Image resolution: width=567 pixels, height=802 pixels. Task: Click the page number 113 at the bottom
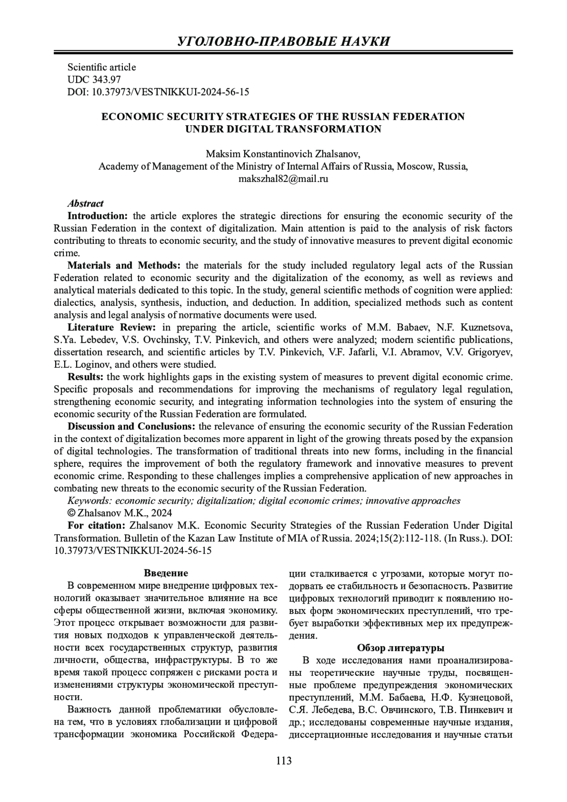(x=283, y=761)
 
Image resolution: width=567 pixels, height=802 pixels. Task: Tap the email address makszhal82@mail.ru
(x=283, y=179)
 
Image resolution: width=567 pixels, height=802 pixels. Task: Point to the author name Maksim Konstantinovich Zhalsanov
(x=283, y=154)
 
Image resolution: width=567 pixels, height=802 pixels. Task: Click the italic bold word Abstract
(x=86, y=204)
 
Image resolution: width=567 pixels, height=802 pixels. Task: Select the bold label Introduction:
(x=98, y=216)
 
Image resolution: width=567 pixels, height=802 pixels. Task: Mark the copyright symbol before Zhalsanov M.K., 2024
(x=72, y=513)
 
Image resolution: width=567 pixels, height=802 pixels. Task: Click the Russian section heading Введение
(x=166, y=573)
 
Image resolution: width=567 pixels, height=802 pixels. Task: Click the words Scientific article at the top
(x=102, y=68)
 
